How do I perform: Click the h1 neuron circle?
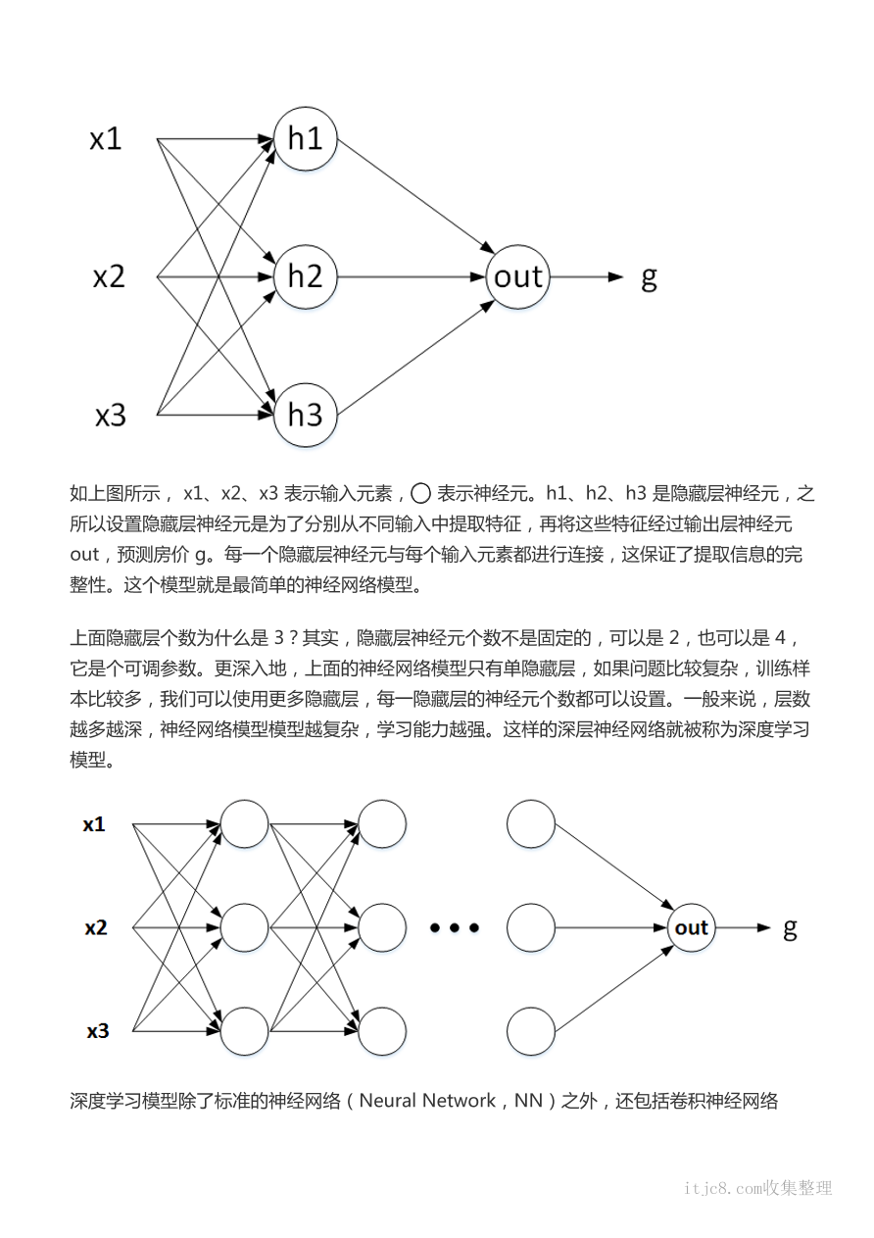pyautogui.click(x=306, y=138)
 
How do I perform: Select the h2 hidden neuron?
pyautogui.click(x=306, y=276)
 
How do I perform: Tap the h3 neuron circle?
pyautogui.click(x=306, y=415)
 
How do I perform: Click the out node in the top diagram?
pyautogui.click(x=517, y=276)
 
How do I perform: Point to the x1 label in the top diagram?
pyautogui.click(x=106, y=139)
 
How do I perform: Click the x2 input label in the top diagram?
pyautogui.click(x=109, y=277)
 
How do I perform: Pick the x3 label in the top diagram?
pyautogui.click(x=110, y=416)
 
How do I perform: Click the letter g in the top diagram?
pyautogui.click(x=648, y=278)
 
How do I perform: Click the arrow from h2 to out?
pyautogui.click(x=412, y=276)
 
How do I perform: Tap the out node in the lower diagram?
pyautogui.click(x=691, y=927)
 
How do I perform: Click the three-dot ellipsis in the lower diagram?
pyautogui.click(x=456, y=927)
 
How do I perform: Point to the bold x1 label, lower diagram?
pyautogui.click(x=94, y=824)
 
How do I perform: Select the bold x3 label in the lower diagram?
pyautogui.click(x=97, y=1031)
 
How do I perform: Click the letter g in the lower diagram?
pyautogui.click(x=790, y=929)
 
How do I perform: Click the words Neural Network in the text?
pyautogui.click(x=427, y=1101)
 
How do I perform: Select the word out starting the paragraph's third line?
pyautogui.click(x=85, y=555)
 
